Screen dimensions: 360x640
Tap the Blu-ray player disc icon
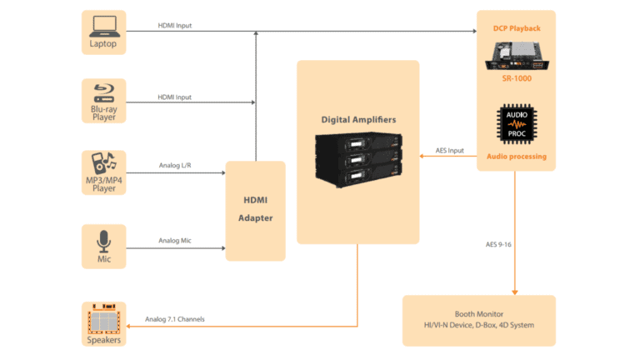pos(103,92)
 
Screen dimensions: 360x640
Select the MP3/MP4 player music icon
pos(103,164)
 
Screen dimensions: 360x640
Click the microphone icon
pos(103,240)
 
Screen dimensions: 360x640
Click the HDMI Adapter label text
pos(255,209)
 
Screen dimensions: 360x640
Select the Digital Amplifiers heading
pos(358,119)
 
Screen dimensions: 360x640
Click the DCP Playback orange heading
pos(516,28)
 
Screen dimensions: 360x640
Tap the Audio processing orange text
pos(516,156)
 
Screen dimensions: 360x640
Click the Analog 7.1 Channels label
pos(175,319)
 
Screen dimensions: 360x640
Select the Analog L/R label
pos(176,165)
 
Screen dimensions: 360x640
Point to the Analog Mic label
pos(176,241)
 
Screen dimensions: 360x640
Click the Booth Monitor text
pos(478,314)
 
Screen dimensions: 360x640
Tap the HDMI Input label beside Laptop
pos(175,26)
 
